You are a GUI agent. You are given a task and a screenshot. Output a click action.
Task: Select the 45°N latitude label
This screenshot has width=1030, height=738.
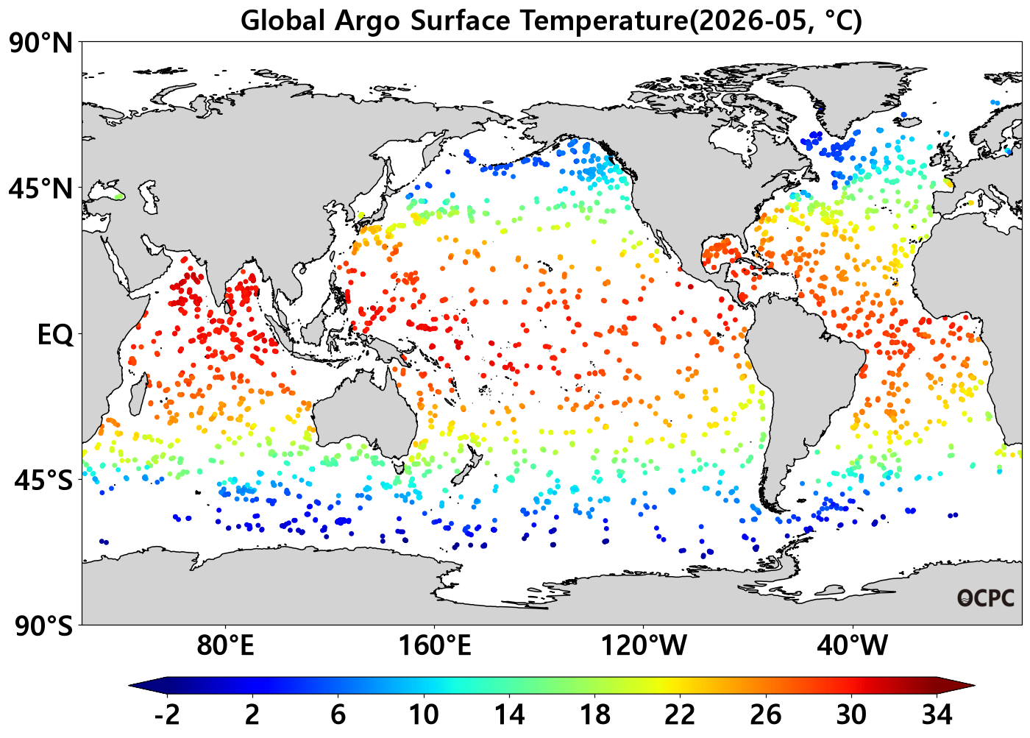41,189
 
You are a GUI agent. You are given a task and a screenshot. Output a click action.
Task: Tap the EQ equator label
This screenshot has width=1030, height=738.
55,335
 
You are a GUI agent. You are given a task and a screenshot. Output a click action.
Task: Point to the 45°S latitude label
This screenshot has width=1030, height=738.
43,480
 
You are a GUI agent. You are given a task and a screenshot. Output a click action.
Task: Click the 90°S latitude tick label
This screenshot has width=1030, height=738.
43,626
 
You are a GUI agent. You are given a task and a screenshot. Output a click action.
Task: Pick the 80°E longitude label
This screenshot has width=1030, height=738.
225,645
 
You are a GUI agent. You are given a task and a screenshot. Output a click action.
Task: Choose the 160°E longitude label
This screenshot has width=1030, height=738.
435,645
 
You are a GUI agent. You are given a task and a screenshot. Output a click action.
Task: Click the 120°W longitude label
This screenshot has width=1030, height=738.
644,645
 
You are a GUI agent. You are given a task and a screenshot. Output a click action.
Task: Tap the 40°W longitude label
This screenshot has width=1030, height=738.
852,645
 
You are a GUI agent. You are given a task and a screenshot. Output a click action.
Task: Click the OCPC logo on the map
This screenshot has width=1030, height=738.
985,598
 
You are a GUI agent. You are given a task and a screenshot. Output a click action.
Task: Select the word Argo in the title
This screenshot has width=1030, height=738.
367,21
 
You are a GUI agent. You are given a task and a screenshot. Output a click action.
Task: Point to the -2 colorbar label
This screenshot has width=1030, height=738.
167,715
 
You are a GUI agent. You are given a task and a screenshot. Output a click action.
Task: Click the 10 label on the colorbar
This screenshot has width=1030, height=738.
424,715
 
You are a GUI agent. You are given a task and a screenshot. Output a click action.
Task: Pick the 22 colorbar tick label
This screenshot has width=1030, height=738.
680,715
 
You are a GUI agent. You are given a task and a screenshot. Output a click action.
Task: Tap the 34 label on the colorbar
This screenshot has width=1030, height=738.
937,715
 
